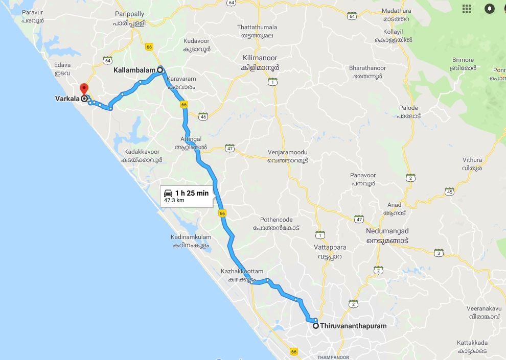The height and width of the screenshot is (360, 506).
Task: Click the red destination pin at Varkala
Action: coord(84,88)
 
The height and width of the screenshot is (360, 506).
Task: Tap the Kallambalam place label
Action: coord(134,69)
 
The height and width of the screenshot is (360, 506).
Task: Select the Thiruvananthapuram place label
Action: coord(353,326)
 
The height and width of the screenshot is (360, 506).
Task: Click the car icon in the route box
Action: coord(168,193)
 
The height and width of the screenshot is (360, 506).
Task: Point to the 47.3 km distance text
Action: coord(174,201)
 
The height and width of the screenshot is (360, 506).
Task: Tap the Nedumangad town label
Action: coord(387,231)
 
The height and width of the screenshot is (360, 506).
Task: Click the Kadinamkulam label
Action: coord(191,237)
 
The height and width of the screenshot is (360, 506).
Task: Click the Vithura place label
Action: coord(472,160)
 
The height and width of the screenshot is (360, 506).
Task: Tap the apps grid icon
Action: coord(466,9)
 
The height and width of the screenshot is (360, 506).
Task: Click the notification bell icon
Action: coord(490,9)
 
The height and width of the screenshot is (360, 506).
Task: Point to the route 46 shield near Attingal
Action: coord(203,116)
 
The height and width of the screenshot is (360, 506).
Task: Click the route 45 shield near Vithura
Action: coord(449,191)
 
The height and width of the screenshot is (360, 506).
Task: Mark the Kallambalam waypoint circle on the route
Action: coord(160,69)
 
